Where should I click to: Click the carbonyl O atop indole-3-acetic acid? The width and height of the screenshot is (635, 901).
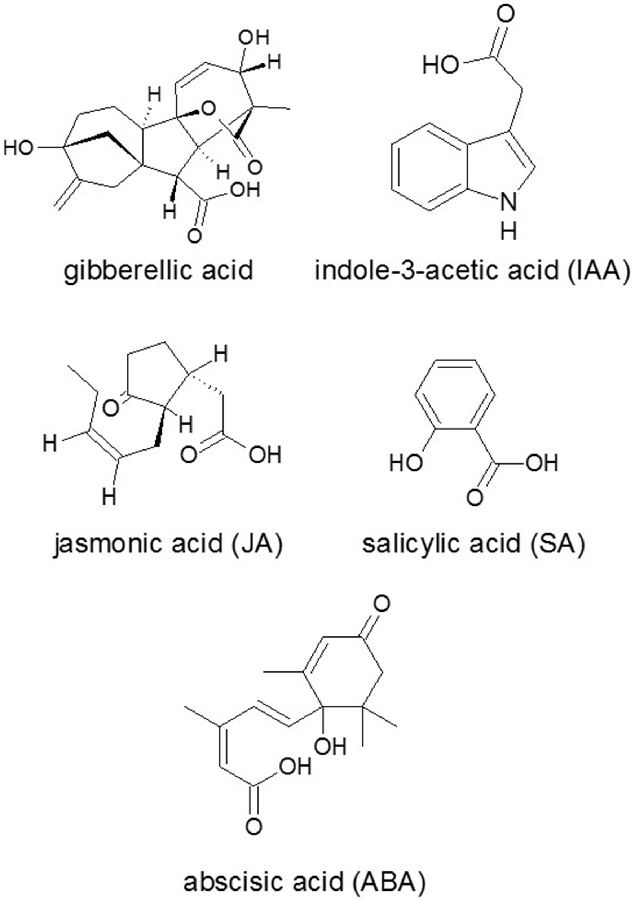pos(505,15)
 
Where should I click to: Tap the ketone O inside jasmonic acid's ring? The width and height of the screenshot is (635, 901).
pos(111,408)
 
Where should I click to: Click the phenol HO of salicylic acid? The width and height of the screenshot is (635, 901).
pos(406,463)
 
